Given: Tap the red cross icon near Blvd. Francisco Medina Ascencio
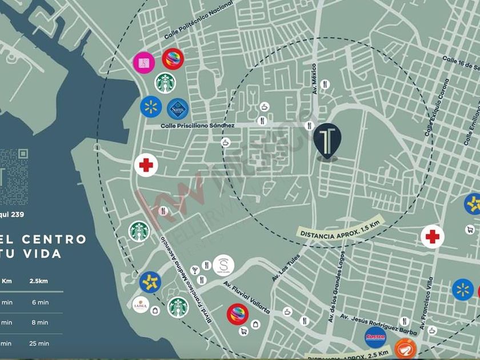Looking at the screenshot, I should tap(146, 166).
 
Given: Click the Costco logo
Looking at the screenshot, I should tap(375, 338).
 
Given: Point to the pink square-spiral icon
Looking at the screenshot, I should tap(143, 62).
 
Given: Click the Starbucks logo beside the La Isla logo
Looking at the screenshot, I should tap(178, 307).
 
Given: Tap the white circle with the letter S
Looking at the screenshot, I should tap(223, 265).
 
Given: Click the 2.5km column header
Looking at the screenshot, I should tap(39, 281).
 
